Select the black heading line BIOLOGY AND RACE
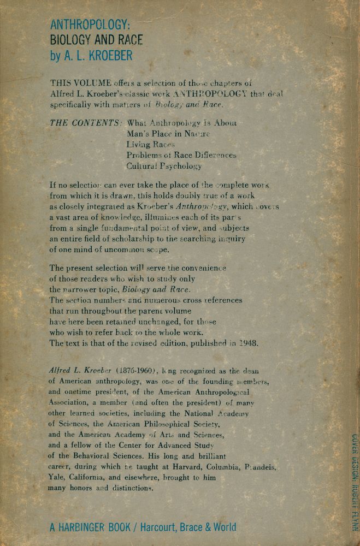pos(96,40)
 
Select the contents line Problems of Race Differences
pos(181,155)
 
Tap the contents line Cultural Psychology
pos(164,166)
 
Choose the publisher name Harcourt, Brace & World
pos(188,527)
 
